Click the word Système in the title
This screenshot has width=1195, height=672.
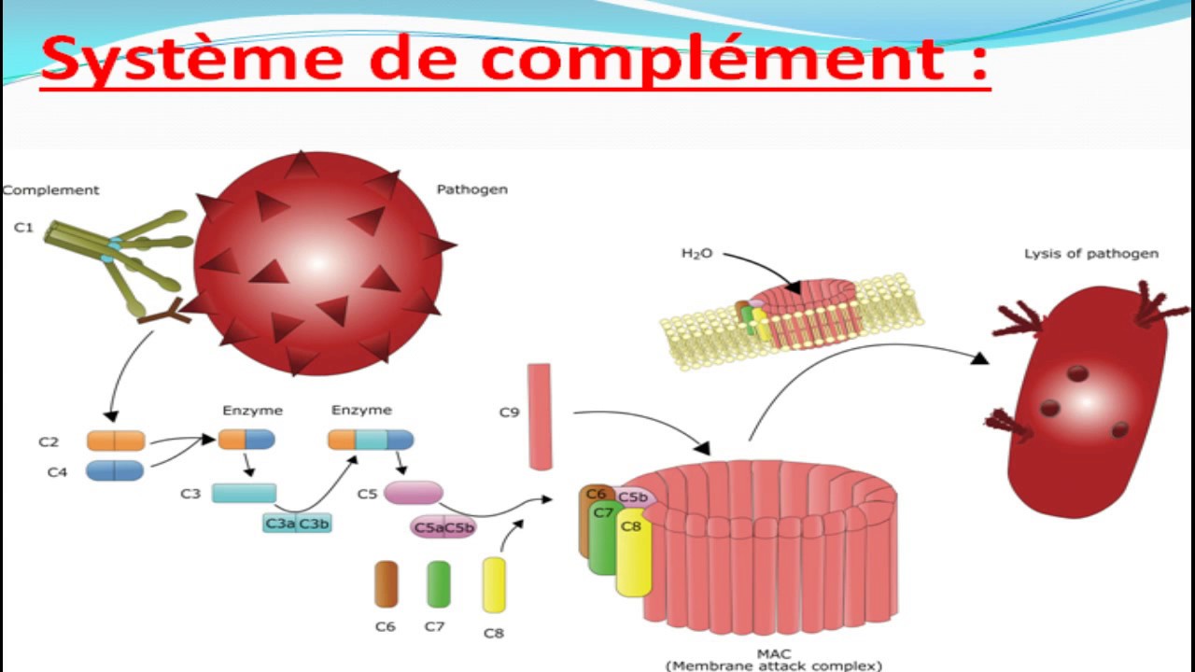(x=187, y=58)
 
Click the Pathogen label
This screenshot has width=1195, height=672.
(x=472, y=189)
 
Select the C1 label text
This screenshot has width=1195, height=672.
(x=23, y=227)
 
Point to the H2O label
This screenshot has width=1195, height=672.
(x=696, y=254)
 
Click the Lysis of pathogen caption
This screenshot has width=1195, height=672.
(x=1090, y=253)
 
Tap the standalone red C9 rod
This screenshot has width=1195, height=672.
(x=540, y=416)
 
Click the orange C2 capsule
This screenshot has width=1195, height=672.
(x=116, y=441)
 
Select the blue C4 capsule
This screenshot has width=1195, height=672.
(x=115, y=470)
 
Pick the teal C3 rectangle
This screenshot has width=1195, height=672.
(x=244, y=493)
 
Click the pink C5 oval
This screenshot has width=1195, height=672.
(x=413, y=493)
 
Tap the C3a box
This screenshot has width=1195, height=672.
(x=280, y=524)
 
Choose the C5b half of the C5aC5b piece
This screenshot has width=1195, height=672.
(x=458, y=528)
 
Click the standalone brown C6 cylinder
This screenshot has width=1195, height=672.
(x=386, y=584)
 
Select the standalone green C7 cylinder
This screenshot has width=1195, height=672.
(x=438, y=584)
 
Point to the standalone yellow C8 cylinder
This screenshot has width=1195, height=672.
(x=494, y=584)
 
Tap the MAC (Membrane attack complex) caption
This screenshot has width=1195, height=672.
(x=773, y=660)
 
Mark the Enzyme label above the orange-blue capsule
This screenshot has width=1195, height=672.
(x=252, y=410)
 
